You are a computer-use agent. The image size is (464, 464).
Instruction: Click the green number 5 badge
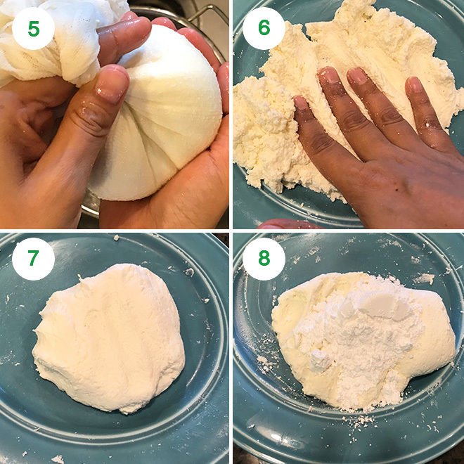(34, 28)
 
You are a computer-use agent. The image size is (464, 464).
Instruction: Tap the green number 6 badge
(264, 28)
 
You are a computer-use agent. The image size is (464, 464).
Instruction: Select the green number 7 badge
(34, 259)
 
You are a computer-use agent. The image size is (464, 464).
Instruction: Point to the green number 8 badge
(264, 259)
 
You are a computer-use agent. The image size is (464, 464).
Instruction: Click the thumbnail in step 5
(112, 87)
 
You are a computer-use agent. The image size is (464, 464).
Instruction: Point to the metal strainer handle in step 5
(207, 18)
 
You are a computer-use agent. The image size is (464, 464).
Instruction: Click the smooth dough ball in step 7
(109, 337)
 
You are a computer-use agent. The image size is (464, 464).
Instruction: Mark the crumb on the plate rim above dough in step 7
(116, 238)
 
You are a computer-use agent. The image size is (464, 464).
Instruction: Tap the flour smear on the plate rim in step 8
(424, 279)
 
